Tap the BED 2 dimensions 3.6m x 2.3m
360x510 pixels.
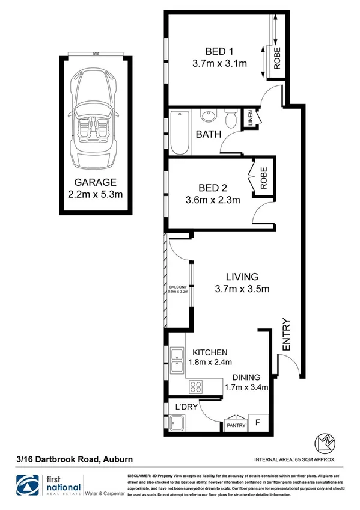(215, 200)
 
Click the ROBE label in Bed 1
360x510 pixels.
(277, 58)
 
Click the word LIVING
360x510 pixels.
(242, 277)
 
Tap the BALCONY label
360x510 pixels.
(178, 287)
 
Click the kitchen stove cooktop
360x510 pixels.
(195, 386)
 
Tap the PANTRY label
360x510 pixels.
(235, 426)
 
